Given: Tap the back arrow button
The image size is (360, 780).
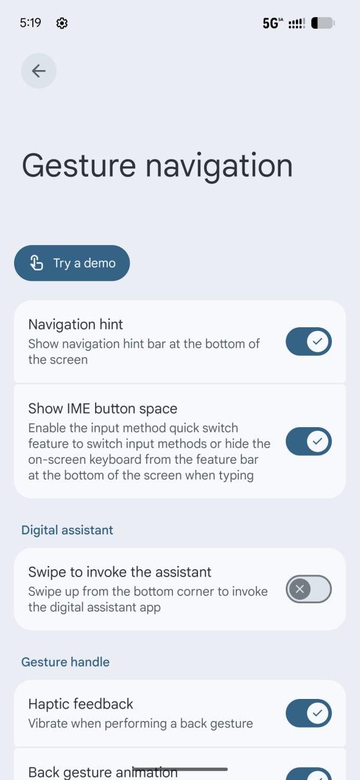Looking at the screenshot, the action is pos(38,71).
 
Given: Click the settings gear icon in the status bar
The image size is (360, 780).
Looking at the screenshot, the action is pos(62,23).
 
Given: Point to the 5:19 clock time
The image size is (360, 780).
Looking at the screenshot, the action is pos(30,23).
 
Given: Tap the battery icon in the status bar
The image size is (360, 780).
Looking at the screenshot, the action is pos(323,23).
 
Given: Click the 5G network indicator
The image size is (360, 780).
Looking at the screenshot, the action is pos(273,23).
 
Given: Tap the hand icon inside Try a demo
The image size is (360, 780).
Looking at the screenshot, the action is pos(37,263).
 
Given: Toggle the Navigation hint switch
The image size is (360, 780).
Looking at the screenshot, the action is pos(309,341).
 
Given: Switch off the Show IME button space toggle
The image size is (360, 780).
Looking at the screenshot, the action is pos(309,441).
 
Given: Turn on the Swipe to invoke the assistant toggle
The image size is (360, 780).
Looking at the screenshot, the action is pos(309,589).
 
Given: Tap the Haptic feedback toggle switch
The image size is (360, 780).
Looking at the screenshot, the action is pos(309,713).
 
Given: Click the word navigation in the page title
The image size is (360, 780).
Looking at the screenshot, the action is pos(219,167).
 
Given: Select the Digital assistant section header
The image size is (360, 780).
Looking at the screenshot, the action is pos(67,530).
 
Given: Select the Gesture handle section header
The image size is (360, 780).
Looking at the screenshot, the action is pos(65,662).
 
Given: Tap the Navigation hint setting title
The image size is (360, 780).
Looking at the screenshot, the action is pos(76,325).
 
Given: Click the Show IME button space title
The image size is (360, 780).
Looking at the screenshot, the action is pos(103,408).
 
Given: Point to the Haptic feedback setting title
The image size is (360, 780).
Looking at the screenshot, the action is pos(81,704).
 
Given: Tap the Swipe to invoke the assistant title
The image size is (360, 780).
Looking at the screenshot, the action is pos(120,572).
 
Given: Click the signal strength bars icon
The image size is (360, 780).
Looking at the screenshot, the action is pos(297,24).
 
